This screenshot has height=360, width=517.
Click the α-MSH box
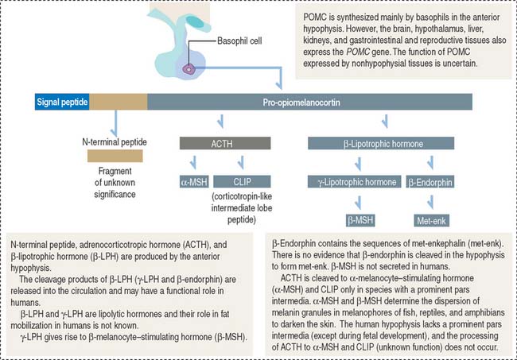[x=195, y=182]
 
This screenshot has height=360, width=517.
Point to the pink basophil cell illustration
[x=189, y=70]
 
